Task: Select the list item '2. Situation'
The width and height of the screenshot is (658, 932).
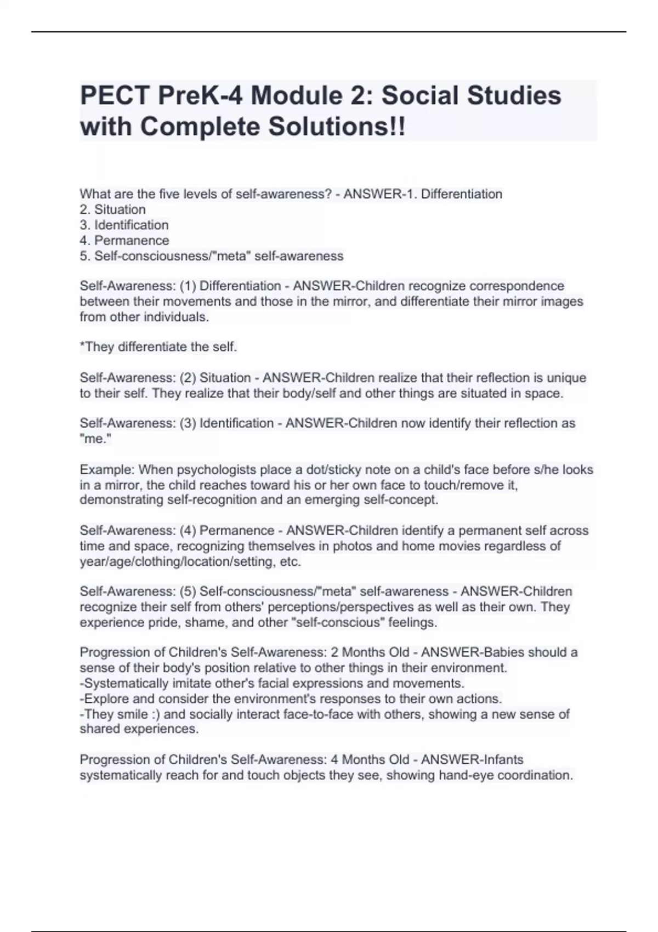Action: (x=113, y=209)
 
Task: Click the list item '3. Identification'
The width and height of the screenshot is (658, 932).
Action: (x=124, y=225)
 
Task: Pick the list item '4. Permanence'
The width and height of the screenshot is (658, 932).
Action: (x=124, y=240)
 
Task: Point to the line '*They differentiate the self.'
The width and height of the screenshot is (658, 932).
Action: (x=158, y=347)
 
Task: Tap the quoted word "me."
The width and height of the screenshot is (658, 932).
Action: (x=95, y=439)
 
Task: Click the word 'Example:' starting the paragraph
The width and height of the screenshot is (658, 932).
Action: (x=107, y=470)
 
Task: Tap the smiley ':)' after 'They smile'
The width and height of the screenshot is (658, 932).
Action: (x=156, y=714)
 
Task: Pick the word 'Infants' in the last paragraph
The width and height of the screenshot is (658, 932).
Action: (x=503, y=760)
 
